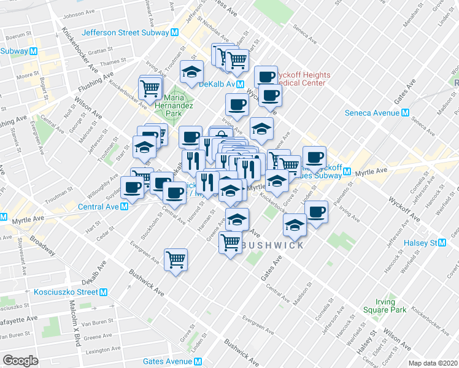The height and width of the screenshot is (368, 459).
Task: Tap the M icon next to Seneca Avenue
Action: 405,113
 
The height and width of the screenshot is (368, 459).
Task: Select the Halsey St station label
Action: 424,243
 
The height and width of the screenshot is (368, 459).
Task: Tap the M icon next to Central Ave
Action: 125,207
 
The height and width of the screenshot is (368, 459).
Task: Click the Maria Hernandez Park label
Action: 178,105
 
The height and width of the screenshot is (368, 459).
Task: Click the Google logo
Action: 20,361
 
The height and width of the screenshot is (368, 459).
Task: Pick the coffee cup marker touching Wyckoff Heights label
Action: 266,76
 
